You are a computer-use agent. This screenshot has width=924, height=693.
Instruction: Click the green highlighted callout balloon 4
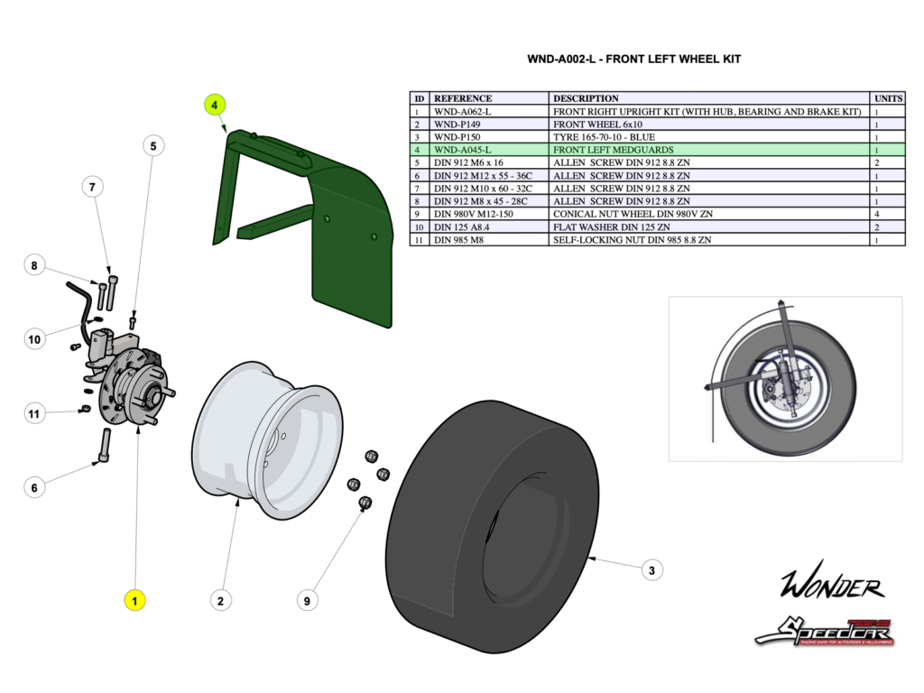point(215,105)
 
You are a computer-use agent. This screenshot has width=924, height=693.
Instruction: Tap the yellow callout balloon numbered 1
point(134,599)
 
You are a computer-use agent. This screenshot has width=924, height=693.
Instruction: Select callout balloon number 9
point(308,599)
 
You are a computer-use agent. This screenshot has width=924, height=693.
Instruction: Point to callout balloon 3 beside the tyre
point(651,569)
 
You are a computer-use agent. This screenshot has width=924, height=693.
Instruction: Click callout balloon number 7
point(91,187)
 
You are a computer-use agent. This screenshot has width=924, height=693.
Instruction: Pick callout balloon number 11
point(34,413)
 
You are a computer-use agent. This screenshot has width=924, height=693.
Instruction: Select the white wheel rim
point(266,442)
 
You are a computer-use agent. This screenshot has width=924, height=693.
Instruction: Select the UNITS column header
point(889,98)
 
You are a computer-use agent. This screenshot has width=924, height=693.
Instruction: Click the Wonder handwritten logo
point(832,586)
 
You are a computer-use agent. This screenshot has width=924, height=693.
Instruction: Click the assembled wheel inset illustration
point(785,378)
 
